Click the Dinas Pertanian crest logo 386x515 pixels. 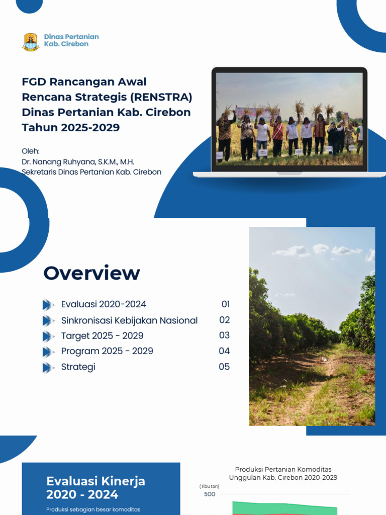pyautogui.click(x=31, y=42)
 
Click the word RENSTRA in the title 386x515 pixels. pyautogui.click(x=165, y=97)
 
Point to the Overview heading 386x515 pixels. pyautogui.click(x=91, y=273)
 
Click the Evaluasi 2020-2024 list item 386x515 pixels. pyautogui.click(x=104, y=304)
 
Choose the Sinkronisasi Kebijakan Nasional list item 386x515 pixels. pyautogui.click(x=129, y=320)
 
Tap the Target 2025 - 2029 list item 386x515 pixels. pyautogui.click(x=102, y=335)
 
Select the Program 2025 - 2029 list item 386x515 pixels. pyautogui.click(x=107, y=351)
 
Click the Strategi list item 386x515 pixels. pyautogui.click(x=78, y=367)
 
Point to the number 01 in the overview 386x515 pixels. pyautogui.click(x=225, y=304)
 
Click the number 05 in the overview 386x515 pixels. pyautogui.click(x=224, y=367)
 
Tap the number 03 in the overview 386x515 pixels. pyautogui.click(x=224, y=335)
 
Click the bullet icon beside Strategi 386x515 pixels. pyautogui.click(x=48, y=368)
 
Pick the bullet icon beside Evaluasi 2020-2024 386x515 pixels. pyautogui.click(x=48, y=305)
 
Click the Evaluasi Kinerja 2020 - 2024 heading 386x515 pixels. pyautogui.click(x=95, y=488)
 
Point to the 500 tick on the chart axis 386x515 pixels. pyautogui.click(x=210, y=494)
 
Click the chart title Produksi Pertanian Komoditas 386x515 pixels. pyautogui.click(x=283, y=470)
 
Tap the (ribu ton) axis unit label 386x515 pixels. pyautogui.click(x=209, y=486)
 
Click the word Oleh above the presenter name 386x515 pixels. pyautogui.click(x=30, y=151)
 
